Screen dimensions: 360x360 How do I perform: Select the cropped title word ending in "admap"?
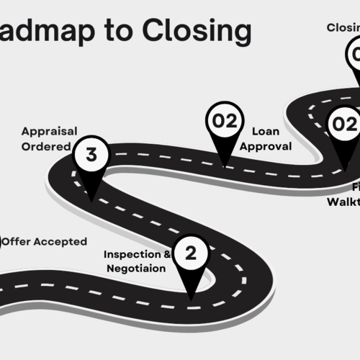tap(52, 31)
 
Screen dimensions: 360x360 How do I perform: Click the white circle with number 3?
tap(91, 154)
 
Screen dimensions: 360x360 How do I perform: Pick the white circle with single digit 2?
tap(190, 253)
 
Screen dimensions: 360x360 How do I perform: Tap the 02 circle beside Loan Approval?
tap(224, 121)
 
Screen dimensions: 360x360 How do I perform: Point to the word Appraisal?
tap(49, 132)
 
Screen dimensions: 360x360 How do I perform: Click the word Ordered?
tap(46, 146)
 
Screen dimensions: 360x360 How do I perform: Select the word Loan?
tap(265, 132)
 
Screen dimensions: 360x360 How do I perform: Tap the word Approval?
tap(266, 146)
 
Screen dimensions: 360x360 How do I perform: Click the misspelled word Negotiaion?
tap(135, 269)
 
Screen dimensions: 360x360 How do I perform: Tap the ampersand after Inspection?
tap(168, 254)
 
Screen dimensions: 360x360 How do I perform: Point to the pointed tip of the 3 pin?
tap(91, 199)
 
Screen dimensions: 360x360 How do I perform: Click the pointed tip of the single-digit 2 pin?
tap(191, 298)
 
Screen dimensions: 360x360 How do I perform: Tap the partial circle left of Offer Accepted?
tap(1, 242)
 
